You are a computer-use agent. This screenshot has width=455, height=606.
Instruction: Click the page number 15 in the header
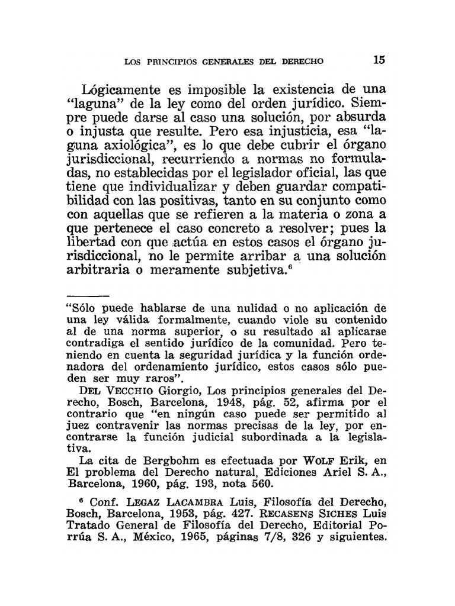pyautogui.click(x=379, y=59)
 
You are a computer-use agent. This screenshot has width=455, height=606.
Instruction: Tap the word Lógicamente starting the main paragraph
pyautogui.click(x=121, y=90)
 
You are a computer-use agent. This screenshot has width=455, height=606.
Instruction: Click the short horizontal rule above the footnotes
pyautogui.click(x=88, y=295)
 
